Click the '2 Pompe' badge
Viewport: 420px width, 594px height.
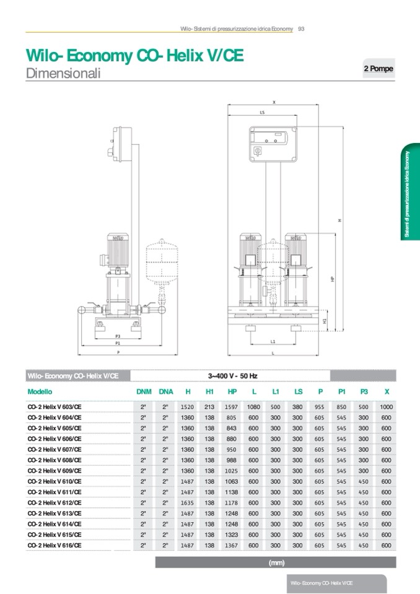pyautogui.click(x=378, y=69)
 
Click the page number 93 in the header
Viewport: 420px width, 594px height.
pyautogui.click(x=302, y=28)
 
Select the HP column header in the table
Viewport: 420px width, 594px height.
pyautogui.click(x=232, y=391)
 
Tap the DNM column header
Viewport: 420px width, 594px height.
pyautogui.click(x=144, y=391)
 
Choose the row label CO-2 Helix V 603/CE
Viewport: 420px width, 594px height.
pyautogui.click(x=55, y=407)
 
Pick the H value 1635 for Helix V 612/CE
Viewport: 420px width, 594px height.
pyautogui.click(x=187, y=503)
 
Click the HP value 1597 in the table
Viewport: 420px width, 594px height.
pyautogui.click(x=231, y=407)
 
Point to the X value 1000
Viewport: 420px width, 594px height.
pyautogui.click(x=387, y=407)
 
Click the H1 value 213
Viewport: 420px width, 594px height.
pyautogui.click(x=209, y=407)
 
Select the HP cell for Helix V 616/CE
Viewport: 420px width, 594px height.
pyautogui.click(x=231, y=546)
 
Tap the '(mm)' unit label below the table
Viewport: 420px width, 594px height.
pyautogui.click(x=276, y=562)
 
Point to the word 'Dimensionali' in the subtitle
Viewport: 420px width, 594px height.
pyautogui.click(x=63, y=73)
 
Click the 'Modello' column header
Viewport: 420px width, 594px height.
pyautogui.click(x=40, y=391)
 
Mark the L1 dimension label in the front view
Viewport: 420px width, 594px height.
pyautogui.click(x=273, y=341)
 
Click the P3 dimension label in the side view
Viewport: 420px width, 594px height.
pyautogui.click(x=118, y=336)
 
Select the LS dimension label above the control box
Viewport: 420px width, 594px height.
pyautogui.click(x=262, y=113)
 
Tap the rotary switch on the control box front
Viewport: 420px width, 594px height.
pyautogui.click(x=257, y=152)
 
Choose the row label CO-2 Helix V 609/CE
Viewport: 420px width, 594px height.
pyautogui.click(x=55, y=471)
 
